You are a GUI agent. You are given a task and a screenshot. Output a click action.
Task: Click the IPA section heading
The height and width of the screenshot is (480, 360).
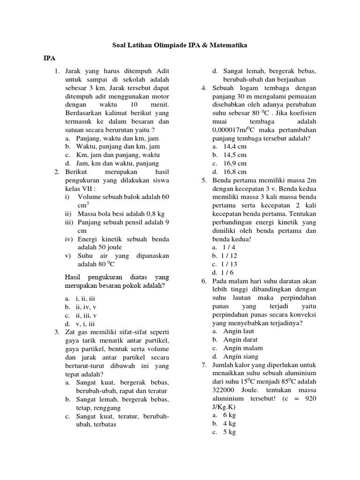pyautogui.click(x=49, y=59)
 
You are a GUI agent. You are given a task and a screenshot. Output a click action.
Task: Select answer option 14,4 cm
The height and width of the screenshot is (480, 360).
pyautogui.click(x=234, y=146)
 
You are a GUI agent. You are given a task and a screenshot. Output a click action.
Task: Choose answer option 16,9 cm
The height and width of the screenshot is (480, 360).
pyautogui.click(x=234, y=164)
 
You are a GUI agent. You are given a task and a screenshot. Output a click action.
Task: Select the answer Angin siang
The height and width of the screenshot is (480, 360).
pyautogui.click(x=240, y=356)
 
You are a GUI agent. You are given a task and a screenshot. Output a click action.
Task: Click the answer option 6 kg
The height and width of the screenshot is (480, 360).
pyautogui.click(x=229, y=415)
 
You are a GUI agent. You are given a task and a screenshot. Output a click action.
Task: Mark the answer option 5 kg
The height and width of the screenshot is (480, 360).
pyautogui.click(x=229, y=432)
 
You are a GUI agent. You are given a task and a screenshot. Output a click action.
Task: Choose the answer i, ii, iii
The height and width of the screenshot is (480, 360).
pyautogui.click(x=86, y=298)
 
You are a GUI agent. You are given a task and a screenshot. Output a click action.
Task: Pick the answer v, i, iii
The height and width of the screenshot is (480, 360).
pyautogui.click(x=86, y=323)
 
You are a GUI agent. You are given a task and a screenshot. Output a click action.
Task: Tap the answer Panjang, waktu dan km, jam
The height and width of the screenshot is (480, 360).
pyautogui.click(x=118, y=138)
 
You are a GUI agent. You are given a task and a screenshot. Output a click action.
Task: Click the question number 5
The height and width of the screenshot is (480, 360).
pyautogui.click(x=204, y=180)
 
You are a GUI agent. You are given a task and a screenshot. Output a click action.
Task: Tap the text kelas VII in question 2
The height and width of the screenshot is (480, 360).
pyautogui.click(x=76, y=188)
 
